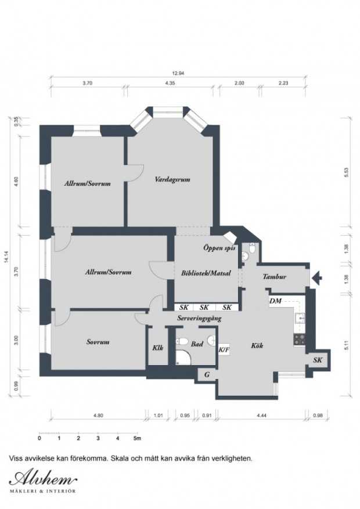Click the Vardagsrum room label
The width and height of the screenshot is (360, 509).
[x=172, y=179]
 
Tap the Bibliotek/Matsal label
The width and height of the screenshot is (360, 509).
[x=206, y=273]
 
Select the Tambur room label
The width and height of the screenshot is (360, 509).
[x=275, y=277]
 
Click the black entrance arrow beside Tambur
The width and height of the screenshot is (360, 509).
[x=317, y=278]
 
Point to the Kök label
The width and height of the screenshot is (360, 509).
[x=257, y=345]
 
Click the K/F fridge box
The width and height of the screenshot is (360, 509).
[x=224, y=349]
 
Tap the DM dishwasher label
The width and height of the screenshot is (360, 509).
[x=276, y=301]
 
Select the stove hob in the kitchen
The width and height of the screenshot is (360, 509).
[x=299, y=339]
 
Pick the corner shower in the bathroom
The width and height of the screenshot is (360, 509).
[x=183, y=358]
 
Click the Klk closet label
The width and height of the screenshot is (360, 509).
[x=158, y=348]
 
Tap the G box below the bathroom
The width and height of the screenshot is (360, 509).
[x=207, y=375]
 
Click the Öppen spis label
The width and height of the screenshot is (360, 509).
[x=219, y=248]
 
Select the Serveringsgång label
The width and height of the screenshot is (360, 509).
[x=199, y=319]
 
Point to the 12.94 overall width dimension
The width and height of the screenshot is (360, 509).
[x=178, y=73]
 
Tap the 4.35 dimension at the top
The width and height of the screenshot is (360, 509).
[x=170, y=83]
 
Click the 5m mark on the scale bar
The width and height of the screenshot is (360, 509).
[x=138, y=438]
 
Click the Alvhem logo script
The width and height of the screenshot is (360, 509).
[x=43, y=478]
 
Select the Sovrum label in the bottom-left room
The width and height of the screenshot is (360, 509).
[x=98, y=342]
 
